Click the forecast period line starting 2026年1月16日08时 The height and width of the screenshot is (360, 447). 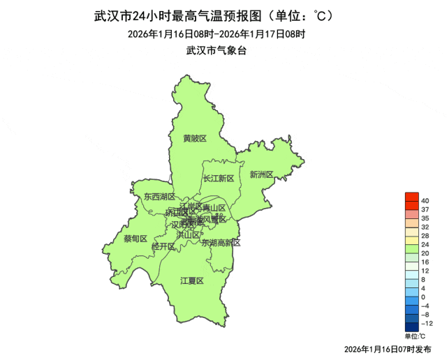click(x=217, y=33)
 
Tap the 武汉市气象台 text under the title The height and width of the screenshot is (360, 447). click(x=217, y=50)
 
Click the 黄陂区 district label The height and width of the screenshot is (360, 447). click(x=195, y=138)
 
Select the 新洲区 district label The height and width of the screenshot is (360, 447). click(x=261, y=174)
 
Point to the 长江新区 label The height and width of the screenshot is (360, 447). click(x=219, y=179)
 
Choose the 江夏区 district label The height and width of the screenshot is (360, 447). click(x=191, y=280)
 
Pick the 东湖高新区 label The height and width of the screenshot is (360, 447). click(x=221, y=243)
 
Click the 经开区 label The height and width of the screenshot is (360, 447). click(x=163, y=247)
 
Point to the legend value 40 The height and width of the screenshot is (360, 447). click(x=425, y=201)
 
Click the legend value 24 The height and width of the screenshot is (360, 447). click(x=425, y=244)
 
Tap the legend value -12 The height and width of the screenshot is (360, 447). click(x=427, y=323)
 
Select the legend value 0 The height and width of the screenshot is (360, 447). click(x=424, y=297)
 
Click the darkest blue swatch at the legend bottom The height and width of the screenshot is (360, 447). click(x=411, y=327)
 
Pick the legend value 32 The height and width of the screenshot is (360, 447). click(x=425, y=227)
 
